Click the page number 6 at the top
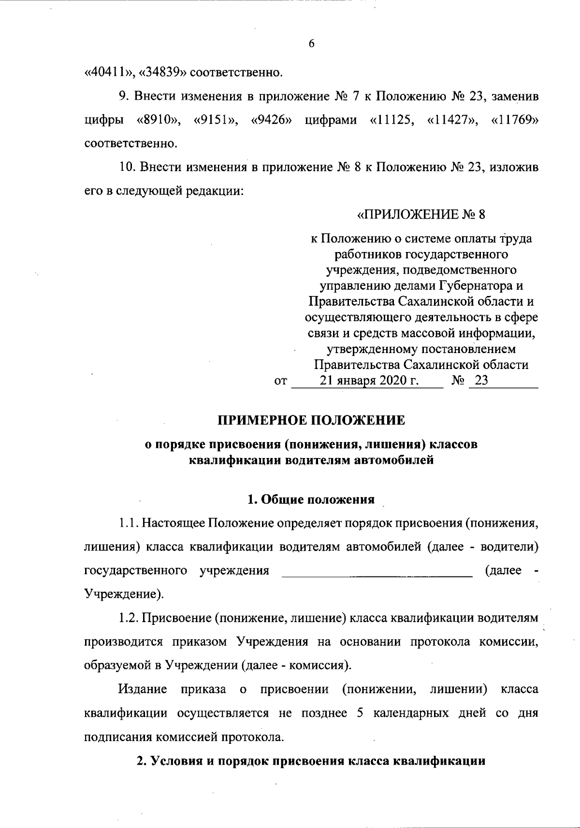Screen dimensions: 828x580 coord(311,44)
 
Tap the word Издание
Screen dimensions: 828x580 coord(143,689)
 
